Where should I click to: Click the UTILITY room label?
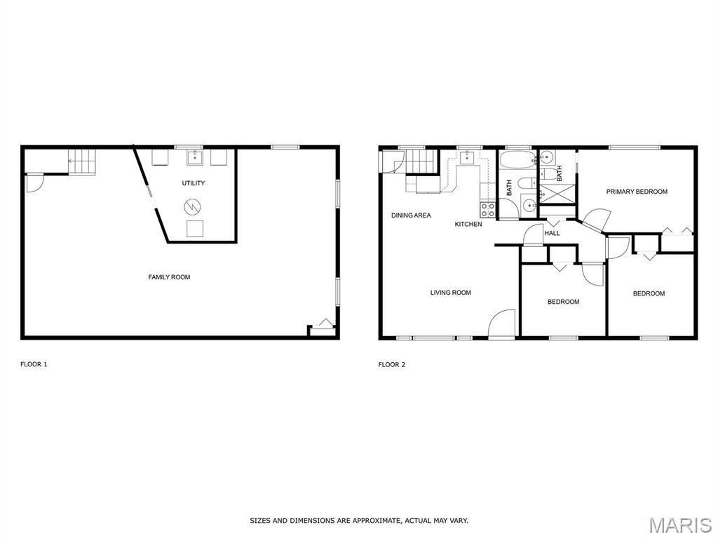[194, 183]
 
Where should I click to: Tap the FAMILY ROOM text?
[169, 277]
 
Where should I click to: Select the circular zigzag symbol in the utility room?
[193, 207]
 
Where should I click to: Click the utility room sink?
[194, 157]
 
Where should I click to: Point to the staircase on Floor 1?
[81, 162]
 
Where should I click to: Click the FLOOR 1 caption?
[34, 364]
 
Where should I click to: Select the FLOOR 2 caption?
[391, 364]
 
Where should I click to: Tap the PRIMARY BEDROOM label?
[637, 192]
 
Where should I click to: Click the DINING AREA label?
[411, 215]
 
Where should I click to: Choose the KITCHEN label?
[468, 224]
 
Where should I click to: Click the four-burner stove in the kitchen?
[487, 208]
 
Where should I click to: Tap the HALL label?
[553, 233]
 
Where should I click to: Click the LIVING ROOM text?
[450, 293]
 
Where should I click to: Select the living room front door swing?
[501, 324]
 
